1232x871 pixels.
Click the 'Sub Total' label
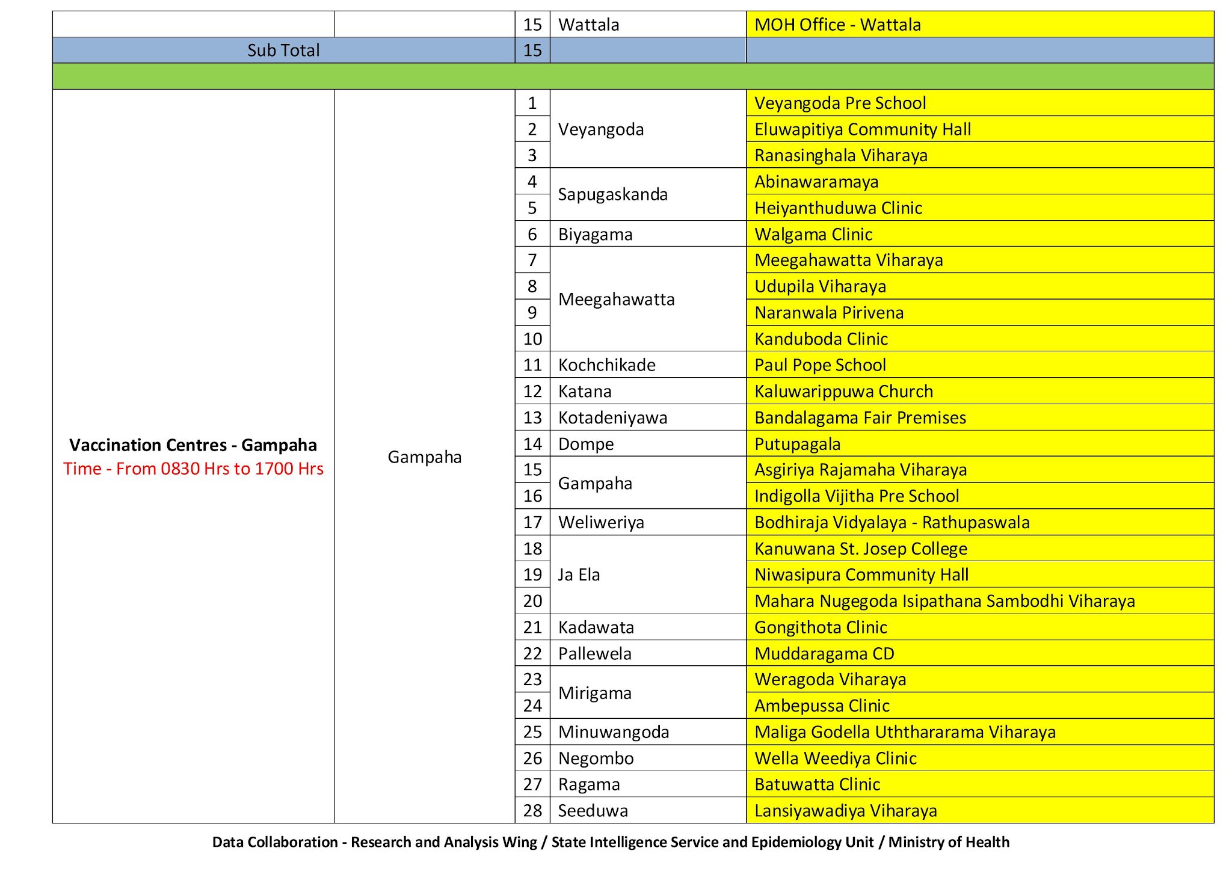click(x=283, y=51)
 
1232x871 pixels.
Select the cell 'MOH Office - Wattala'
click(x=837, y=25)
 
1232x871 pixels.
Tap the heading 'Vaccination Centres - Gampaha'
click(x=193, y=445)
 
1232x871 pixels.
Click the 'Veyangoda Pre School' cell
click(x=840, y=103)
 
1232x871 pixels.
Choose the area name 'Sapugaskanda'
click(x=612, y=194)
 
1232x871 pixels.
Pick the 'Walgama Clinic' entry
click(x=813, y=234)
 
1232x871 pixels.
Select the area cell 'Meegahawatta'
click(x=616, y=300)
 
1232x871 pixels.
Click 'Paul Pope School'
click(x=820, y=365)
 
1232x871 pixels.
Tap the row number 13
click(x=532, y=417)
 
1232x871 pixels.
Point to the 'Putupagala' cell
click(x=798, y=444)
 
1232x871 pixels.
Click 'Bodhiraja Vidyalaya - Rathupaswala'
click(x=892, y=522)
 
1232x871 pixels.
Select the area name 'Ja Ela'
click(x=579, y=574)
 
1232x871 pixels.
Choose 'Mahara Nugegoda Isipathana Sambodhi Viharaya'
click(x=944, y=601)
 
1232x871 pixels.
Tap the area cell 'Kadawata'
click(x=596, y=627)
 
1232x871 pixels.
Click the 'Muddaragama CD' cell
click(x=824, y=654)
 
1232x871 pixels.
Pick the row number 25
click(x=532, y=732)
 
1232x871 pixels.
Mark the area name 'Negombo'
click(x=596, y=759)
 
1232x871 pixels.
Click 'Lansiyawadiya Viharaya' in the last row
click(x=845, y=811)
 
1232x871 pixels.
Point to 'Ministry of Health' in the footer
click(x=949, y=842)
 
